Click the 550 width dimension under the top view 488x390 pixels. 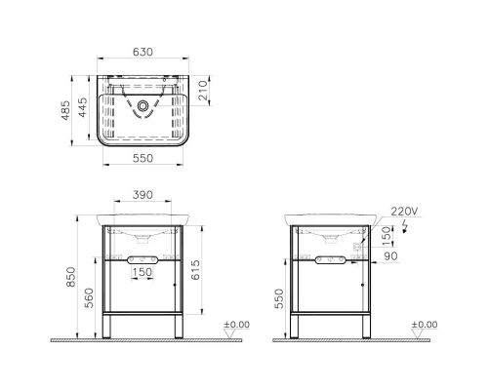pyautogui.click(x=143, y=158)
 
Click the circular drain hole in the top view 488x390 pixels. pyautogui.click(x=143, y=104)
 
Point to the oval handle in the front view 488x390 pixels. pyautogui.click(x=142, y=259)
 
